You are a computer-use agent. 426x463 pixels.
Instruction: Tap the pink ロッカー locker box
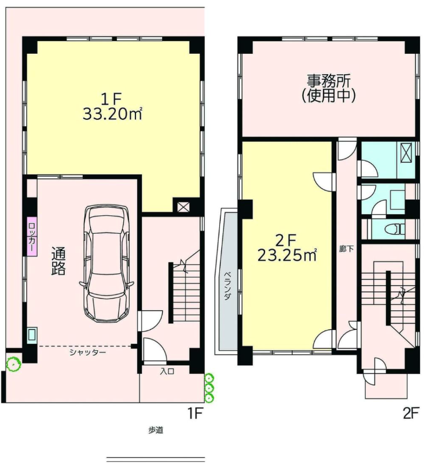pyautogui.click(x=32, y=237)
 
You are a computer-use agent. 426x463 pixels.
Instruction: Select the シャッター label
pyautogui.click(x=88, y=352)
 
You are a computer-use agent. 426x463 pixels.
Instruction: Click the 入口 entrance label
pyautogui.click(x=167, y=371)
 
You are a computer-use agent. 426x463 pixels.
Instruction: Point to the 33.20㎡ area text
pyautogui.click(x=112, y=113)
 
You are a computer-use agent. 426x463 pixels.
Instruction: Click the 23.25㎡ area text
pyautogui.click(x=287, y=255)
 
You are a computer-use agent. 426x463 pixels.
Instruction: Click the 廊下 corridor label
pyautogui.click(x=346, y=249)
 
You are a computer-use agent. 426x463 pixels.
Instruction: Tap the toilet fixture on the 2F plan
pyautogui.click(x=396, y=229)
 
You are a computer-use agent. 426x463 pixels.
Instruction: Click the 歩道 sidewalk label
pyautogui.click(x=156, y=430)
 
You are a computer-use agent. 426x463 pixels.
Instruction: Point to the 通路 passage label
pyautogui.click(x=58, y=261)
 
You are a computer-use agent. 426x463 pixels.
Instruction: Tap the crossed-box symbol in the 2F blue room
pyautogui.click(x=406, y=152)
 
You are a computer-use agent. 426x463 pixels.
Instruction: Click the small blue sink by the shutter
pyautogui.click(x=32, y=336)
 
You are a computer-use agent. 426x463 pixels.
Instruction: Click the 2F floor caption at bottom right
pyautogui.click(x=411, y=413)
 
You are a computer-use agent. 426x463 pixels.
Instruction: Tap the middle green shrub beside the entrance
pyautogui.click(x=209, y=388)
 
